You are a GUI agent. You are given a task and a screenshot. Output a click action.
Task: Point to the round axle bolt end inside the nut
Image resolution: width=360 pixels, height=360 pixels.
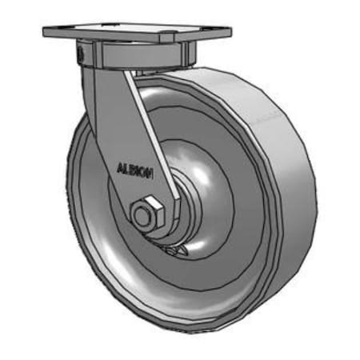pyautogui.click(x=143, y=215)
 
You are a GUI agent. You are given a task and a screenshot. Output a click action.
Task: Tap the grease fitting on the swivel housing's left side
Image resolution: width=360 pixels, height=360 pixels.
pyautogui.click(x=81, y=54)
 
